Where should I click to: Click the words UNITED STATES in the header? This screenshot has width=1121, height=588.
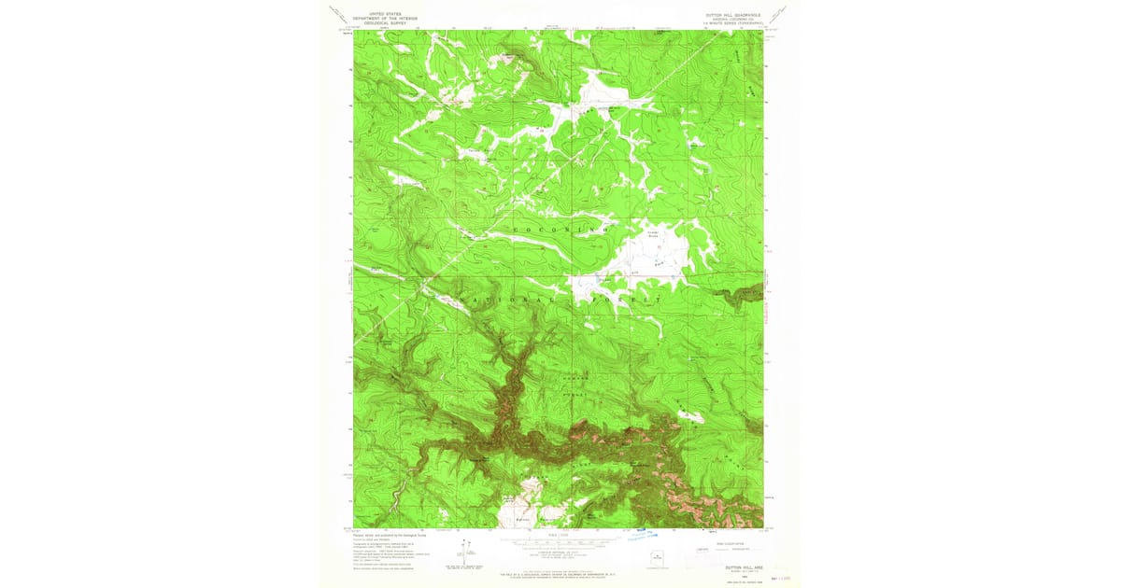(x=385, y=13)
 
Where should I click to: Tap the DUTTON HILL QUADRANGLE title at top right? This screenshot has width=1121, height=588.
(x=730, y=14)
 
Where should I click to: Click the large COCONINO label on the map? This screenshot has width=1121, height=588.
(x=558, y=229)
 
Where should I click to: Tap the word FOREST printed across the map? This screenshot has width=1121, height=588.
(x=634, y=300)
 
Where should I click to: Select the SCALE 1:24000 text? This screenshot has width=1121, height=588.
(x=558, y=535)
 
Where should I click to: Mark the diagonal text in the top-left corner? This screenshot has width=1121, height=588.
(x=338, y=14)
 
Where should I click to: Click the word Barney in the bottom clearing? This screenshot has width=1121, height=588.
(x=523, y=519)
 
